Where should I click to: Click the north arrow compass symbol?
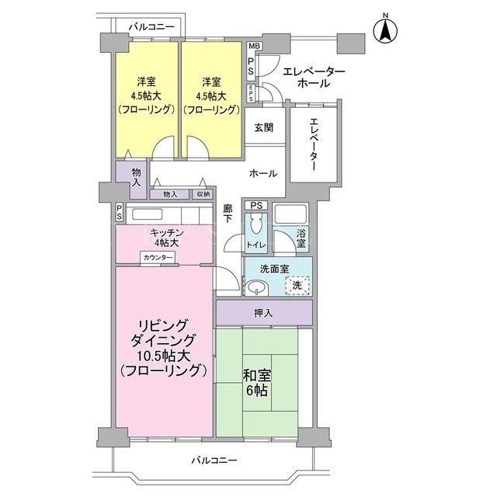[x=385, y=30]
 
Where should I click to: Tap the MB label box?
[x=254, y=47]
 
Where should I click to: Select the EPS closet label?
[x=251, y=93]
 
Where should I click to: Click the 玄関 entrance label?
[x=264, y=127]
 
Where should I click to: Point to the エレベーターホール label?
[x=314, y=77]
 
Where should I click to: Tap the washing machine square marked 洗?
[x=297, y=285]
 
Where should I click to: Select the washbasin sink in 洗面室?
[x=257, y=288]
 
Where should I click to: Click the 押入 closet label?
[x=263, y=313]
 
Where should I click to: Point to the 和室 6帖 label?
[x=256, y=383]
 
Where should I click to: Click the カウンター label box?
[x=158, y=257]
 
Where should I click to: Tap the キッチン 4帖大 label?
[x=167, y=238]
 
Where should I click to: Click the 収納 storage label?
[x=203, y=194]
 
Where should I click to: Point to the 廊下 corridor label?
[x=228, y=214]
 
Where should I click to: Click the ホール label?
[x=263, y=173]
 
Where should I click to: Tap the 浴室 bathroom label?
[x=301, y=238]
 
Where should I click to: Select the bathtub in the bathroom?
[x=291, y=214]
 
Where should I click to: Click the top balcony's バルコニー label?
[x=151, y=27]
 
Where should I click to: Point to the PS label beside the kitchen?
[x=119, y=212]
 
